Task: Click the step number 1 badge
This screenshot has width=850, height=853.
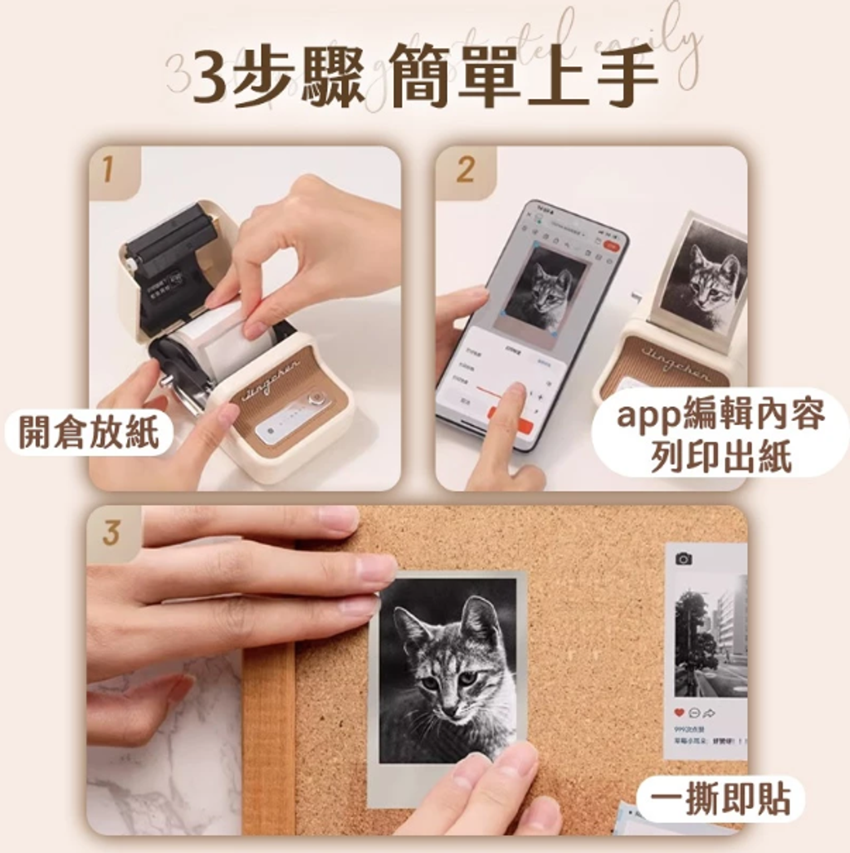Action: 108,169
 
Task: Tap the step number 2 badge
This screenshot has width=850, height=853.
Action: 465,169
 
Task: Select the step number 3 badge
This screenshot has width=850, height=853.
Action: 111,532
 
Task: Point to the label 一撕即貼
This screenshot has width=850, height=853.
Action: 721,799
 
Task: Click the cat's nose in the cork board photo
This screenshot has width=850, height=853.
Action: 449,709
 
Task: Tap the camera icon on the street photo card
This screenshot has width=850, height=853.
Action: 683,558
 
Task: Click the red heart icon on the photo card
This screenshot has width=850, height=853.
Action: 679,713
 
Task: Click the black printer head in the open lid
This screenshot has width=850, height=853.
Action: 170,241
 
